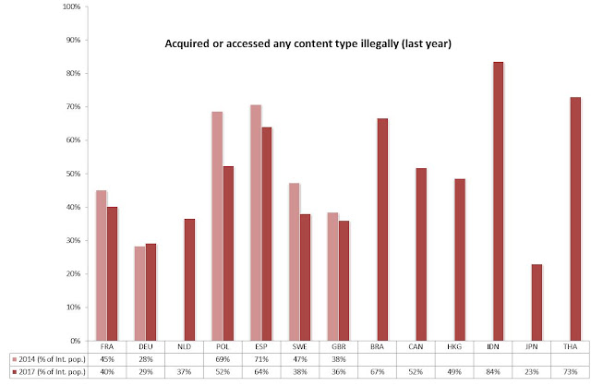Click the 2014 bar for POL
tap(218, 225)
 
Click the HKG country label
tap(453, 345)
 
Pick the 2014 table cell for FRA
tap(107, 357)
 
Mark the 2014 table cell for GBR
tap(338, 357)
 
